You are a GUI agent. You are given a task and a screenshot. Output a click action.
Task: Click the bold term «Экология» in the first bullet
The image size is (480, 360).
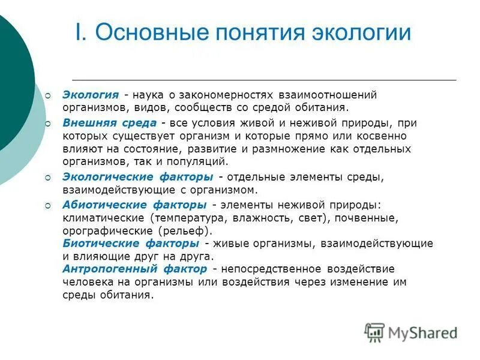click(x=91, y=95)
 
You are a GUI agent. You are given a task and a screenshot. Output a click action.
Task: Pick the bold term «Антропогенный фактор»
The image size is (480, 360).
click(x=134, y=269)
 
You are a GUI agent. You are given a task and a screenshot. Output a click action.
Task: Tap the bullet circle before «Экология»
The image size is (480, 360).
click(x=49, y=95)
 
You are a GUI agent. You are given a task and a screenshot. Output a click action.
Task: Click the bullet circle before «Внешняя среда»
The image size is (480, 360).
click(x=49, y=123)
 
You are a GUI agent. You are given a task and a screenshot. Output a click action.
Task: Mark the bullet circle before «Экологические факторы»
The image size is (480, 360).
click(x=49, y=177)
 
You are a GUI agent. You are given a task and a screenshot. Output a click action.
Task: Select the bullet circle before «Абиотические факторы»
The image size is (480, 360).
click(x=49, y=204)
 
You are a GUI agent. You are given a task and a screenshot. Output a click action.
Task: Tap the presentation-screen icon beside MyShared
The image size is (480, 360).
click(x=374, y=332)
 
